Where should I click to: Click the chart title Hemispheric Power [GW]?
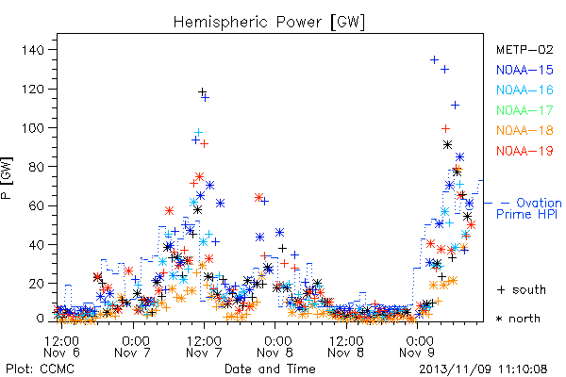269,23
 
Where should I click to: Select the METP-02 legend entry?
524,49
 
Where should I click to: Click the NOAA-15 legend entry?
524,70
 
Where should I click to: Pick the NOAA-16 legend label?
524,90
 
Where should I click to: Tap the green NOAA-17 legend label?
524,110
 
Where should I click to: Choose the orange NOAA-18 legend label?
524,130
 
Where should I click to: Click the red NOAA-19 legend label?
524,151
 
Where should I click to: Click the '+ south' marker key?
522,289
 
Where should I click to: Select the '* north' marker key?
518,319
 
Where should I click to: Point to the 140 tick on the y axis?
33,50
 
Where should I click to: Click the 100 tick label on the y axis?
33,128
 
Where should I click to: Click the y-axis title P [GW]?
7,178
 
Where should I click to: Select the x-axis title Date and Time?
270,369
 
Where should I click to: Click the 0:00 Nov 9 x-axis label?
417,346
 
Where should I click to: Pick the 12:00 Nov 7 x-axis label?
204,346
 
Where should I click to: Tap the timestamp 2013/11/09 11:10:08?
483,369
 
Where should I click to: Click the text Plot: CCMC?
40,369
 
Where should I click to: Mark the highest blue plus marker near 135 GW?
434,59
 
